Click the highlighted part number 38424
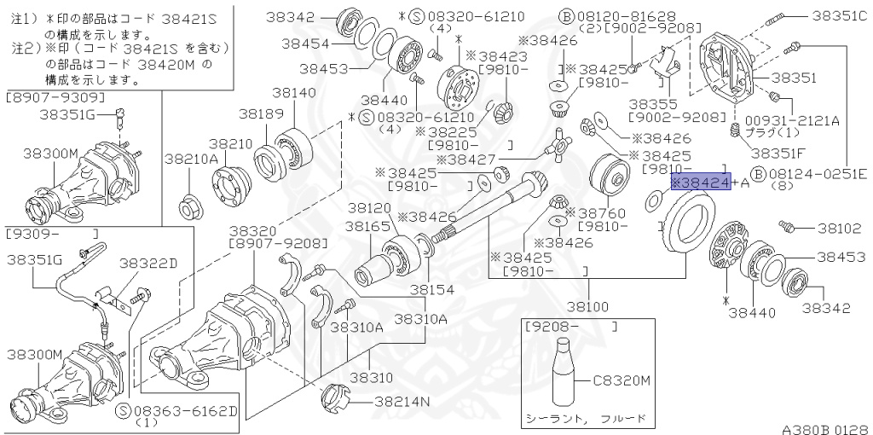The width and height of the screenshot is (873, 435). [x=701, y=183]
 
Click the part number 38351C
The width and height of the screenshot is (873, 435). [x=838, y=15]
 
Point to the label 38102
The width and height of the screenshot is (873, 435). [x=840, y=228]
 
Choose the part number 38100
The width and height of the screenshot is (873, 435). [x=588, y=305]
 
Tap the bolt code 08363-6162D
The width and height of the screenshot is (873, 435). [x=184, y=410]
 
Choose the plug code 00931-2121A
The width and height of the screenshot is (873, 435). [x=792, y=121]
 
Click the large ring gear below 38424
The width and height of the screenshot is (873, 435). [x=689, y=230]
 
